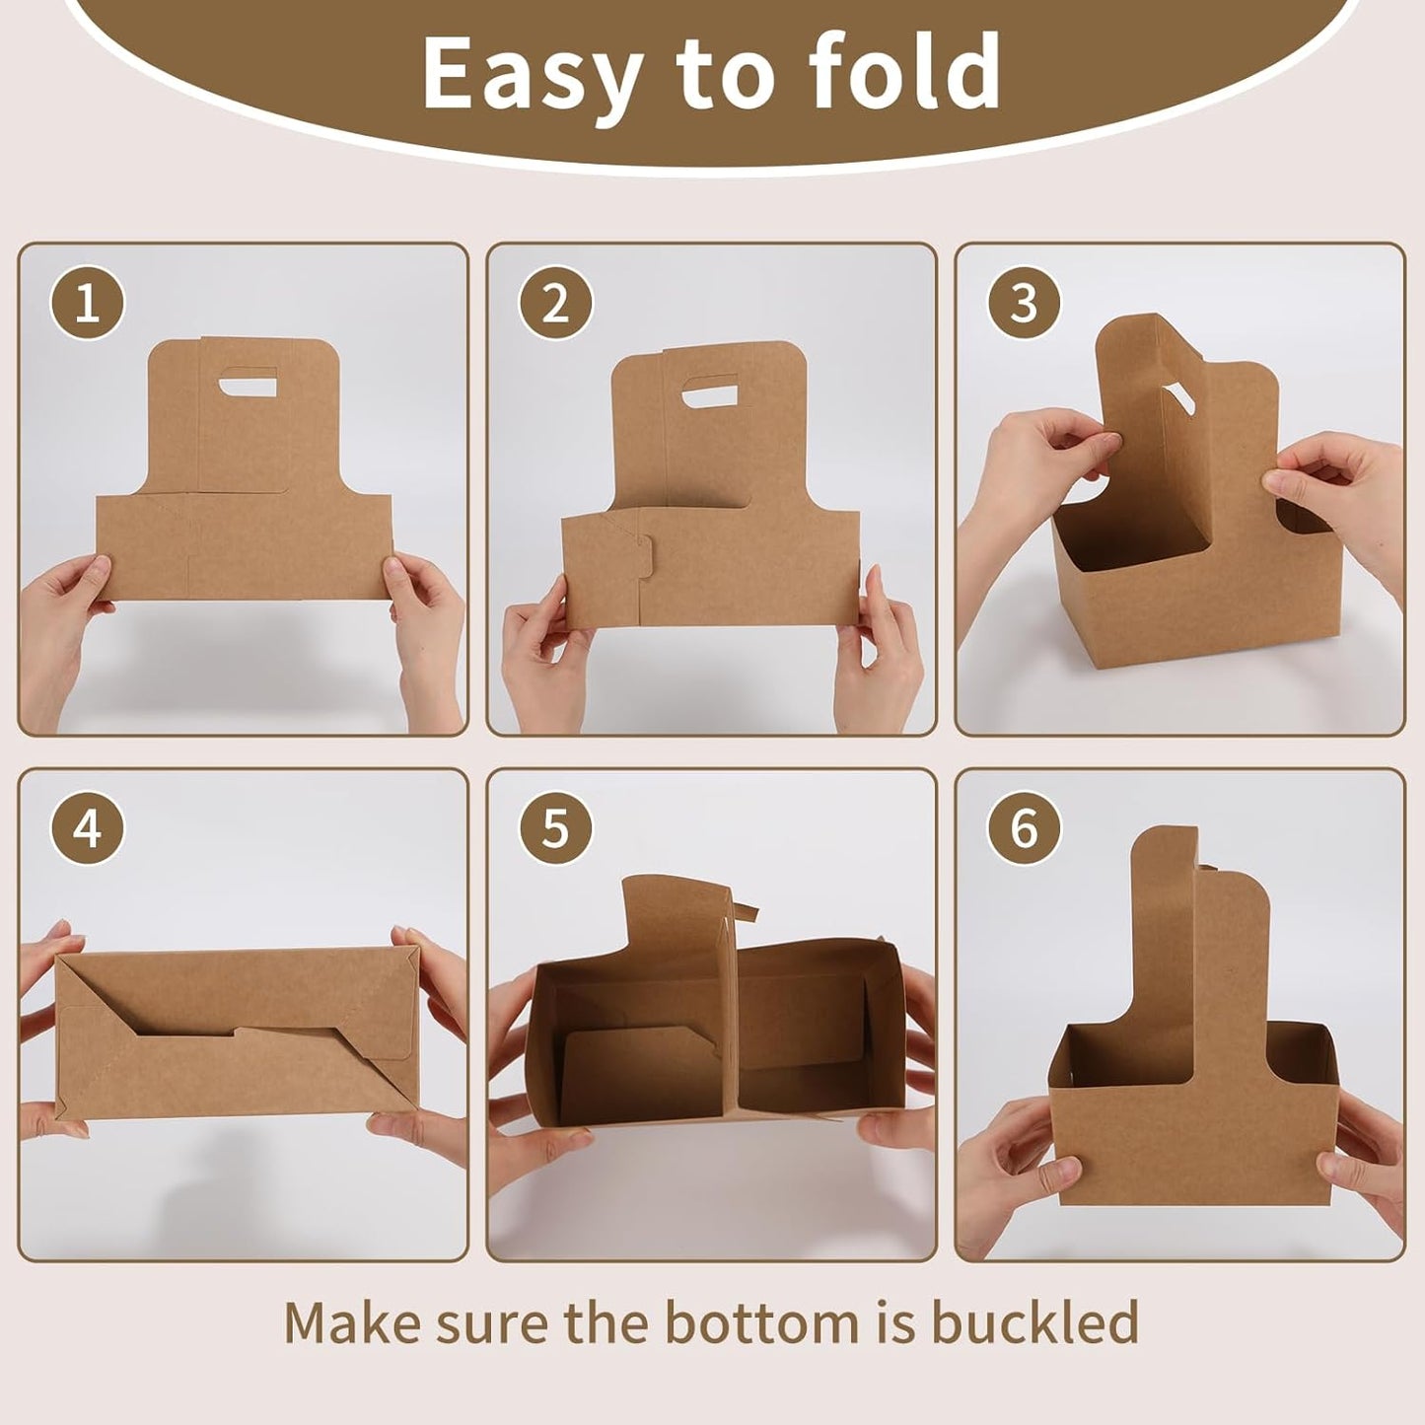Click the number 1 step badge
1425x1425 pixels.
point(88,303)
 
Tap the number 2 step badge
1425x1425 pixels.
point(555,303)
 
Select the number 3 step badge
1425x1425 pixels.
point(1024,303)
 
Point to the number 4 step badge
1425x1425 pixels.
point(88,828)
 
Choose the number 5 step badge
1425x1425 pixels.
point(555,828)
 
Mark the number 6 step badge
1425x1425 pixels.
point(1024,828)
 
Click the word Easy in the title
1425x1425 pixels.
point(532,74)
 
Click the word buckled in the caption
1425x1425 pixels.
point(1034,1322)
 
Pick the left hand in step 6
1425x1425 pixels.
point(1006,1164)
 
